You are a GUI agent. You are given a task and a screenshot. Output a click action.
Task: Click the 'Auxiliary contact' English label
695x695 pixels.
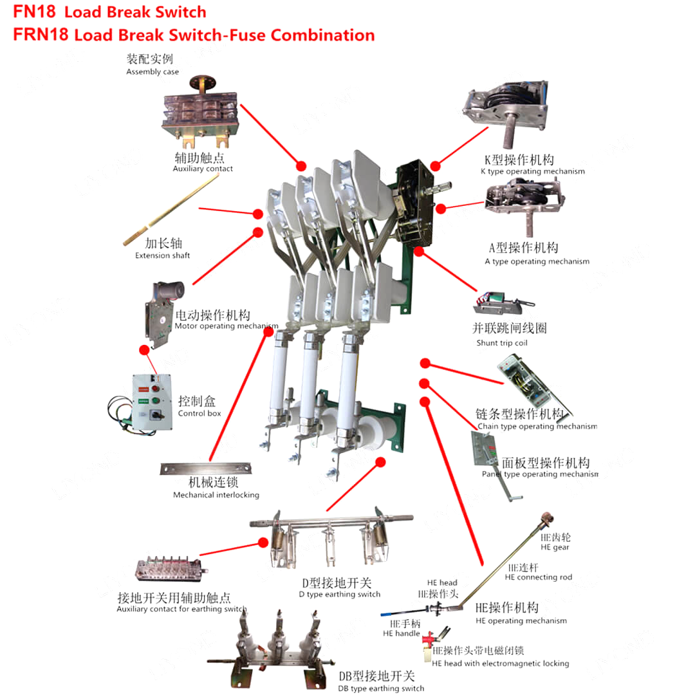(x=203, y=169)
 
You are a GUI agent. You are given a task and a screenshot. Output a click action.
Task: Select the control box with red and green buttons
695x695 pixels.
(x=151, y=398)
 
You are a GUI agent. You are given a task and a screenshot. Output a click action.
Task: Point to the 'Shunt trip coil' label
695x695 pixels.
(x=502, y=343)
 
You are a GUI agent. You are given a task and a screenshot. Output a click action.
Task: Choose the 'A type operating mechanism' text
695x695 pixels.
(x=537, y=261)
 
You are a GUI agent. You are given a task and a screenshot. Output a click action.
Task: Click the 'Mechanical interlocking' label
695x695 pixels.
(x=216, y=495)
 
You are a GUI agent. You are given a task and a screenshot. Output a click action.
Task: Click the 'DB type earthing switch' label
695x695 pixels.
(x=381, y=689)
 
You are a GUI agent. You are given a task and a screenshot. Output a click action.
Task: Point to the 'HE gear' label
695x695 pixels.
(x=555, y=548)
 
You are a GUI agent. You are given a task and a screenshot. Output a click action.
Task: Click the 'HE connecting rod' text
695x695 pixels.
(x=539, y=577)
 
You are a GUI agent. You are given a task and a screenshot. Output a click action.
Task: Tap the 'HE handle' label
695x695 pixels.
(x=401, y=633)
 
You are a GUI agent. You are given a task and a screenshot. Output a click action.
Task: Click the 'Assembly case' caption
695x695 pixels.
(x=153, y=72)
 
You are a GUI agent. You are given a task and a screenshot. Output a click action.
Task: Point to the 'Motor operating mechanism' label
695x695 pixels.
(x=227, y=326)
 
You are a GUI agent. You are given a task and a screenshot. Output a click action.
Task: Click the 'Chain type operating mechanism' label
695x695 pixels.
(x=537, y=426)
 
